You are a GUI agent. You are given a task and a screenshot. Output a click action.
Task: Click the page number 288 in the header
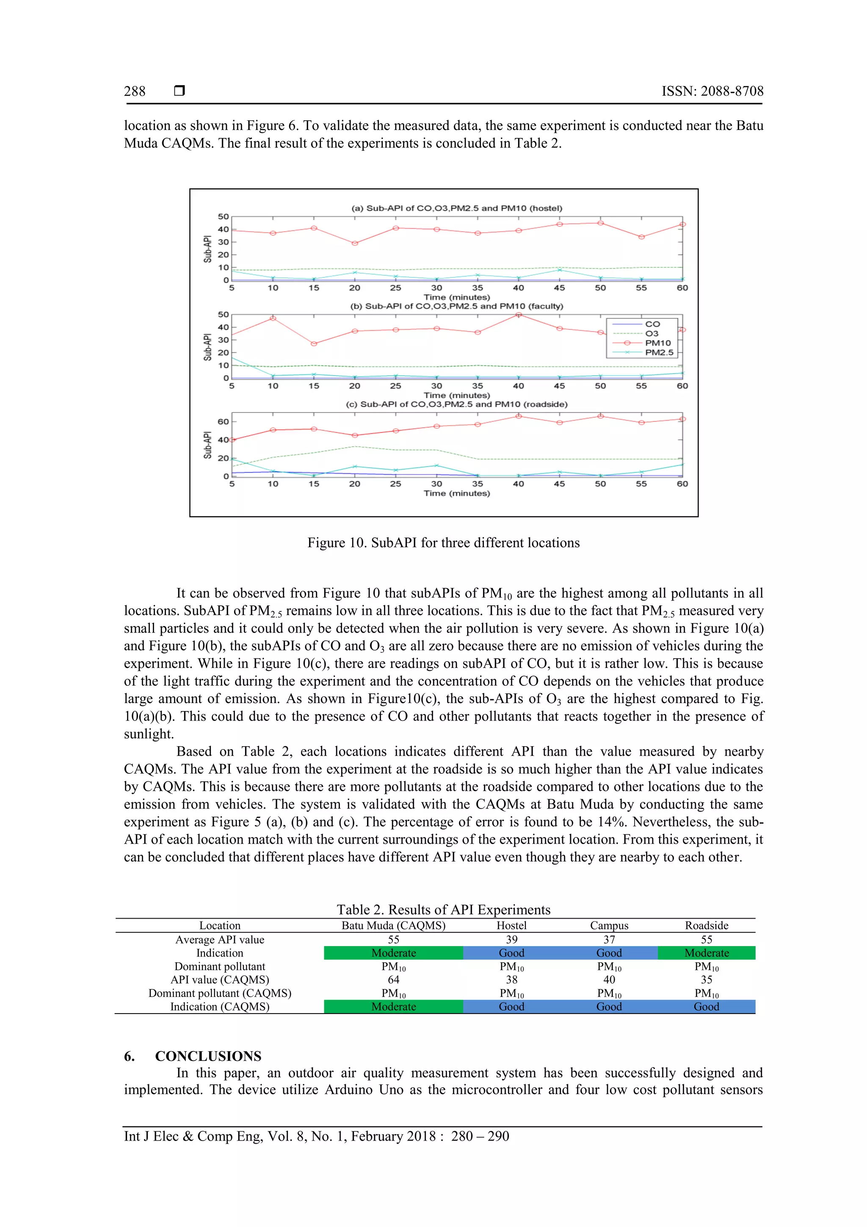tap(135, 91)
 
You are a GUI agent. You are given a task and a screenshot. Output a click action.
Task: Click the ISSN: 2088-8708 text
tap(712, 91)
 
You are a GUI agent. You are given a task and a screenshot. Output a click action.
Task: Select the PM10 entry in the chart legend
tap(657, 343)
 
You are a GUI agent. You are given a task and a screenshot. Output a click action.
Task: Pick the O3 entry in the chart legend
tap(652, 333)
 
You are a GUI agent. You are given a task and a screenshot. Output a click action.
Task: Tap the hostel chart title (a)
tap(456, 208)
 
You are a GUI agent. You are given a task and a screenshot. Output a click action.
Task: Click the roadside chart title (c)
tap(456, 404)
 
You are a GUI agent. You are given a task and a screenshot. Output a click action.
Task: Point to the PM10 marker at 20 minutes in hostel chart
tap(355, 243)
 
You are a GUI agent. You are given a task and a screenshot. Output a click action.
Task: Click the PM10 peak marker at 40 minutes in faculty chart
tap(518, 315)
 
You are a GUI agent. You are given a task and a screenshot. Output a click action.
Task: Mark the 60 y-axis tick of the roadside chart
tap(223, 422)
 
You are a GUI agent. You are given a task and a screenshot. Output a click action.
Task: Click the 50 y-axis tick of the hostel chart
tap(223, 216)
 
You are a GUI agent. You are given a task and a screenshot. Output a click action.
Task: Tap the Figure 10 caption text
tap(443, 543)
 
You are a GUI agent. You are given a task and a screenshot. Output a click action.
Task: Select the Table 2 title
tap(443, 910)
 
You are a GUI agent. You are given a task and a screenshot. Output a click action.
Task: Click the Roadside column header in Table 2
tap(706, 925)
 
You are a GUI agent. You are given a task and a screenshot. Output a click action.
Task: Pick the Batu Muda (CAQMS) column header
tap(393, 925)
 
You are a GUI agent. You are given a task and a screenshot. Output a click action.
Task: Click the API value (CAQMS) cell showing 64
tap(393, 980)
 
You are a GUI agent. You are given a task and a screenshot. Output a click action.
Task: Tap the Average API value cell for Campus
tap(609, 939)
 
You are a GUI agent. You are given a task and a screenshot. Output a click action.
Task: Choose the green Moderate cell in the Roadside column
tap(706, 953)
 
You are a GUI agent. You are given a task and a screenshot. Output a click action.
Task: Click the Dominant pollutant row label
tap(220, 966)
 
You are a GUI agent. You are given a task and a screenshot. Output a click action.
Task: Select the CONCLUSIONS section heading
tap(208, 1056)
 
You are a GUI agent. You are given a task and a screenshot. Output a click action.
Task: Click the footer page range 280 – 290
tap(480, 1136)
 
